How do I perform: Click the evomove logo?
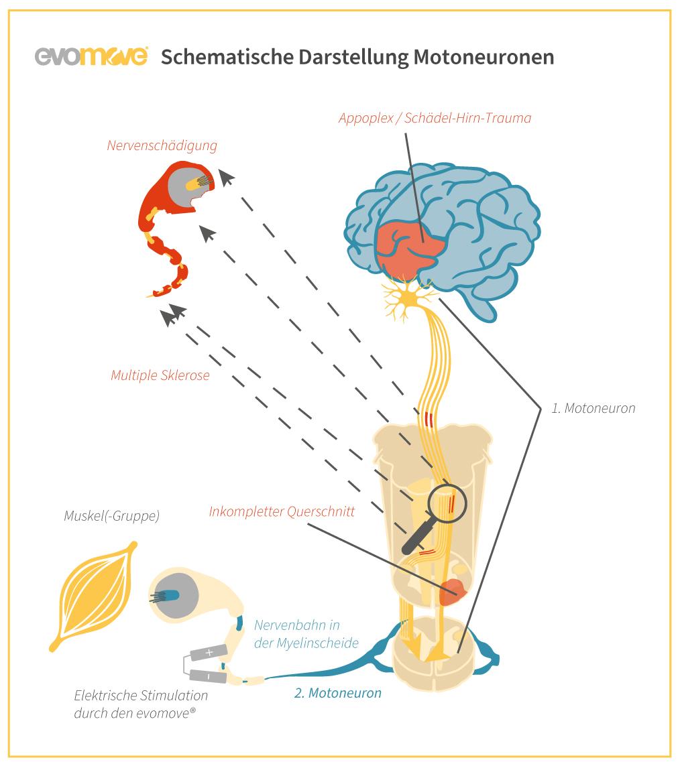point(91,56)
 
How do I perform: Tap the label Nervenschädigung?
point(162,145)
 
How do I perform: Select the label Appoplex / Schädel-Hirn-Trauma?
point(435,118)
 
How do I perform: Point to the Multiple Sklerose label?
point(160,375)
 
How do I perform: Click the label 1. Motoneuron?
point(593,407)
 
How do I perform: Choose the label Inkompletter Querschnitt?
point(282,511)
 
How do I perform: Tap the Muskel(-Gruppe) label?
point(111,516)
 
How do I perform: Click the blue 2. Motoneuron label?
point(338,693)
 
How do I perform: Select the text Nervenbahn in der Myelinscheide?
point(306,634)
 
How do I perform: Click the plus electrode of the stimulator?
point(209,651)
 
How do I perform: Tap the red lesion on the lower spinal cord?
point(455,590)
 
